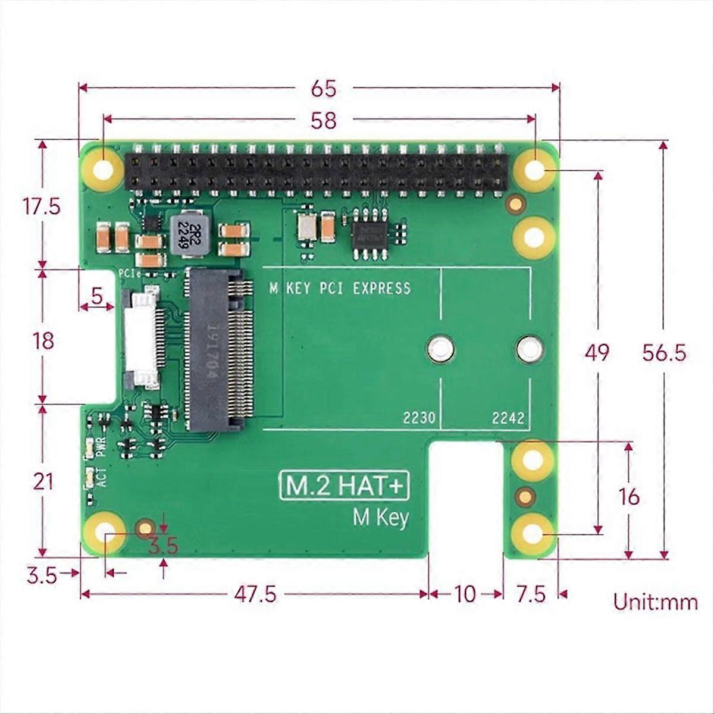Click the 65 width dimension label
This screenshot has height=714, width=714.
click(x=323, y=89)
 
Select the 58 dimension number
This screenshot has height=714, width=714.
click(x=323, y=121)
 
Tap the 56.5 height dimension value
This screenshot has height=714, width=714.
click(x=664, y=353)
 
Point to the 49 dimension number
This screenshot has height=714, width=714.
click(x=597, y=353)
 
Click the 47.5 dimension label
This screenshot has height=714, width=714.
click(x=255, y=594)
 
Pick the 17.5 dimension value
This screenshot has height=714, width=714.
click(x=41, y=207)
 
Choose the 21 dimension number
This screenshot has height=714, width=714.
click(x=43, y=481)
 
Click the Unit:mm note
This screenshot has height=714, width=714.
click(x=655, y=602)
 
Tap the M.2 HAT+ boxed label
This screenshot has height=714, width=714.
click(x=345, y=486)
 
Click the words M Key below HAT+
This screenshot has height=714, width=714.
click(x=381, y=518)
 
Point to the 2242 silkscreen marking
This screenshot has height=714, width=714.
click(x=508, y=418)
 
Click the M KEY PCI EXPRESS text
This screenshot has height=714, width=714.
click(x=340, y=289)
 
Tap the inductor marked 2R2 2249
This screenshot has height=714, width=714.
click(x=186, y=235)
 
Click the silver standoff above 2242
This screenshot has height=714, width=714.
click(x=529, y=349)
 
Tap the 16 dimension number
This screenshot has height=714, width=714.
click(x=628, y=496)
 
